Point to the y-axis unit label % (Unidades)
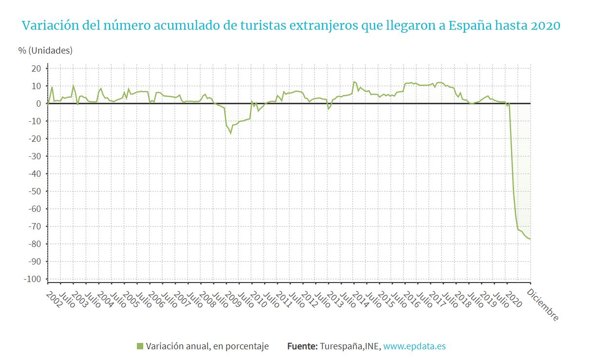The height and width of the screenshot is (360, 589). point(45,51)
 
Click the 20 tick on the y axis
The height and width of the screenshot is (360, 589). point(36,69)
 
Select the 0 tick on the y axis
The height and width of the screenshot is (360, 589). point(38,104)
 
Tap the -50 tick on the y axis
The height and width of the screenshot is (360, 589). point(35,191)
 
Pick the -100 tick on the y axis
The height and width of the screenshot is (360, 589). point(33,279)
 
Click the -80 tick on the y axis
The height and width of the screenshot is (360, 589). point(35,244)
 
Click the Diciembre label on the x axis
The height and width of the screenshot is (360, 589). point(543,304)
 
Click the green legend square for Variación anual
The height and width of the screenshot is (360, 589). point(140,346)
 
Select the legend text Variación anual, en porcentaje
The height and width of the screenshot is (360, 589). point(207,346)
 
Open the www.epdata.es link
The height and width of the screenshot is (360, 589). point(414,346)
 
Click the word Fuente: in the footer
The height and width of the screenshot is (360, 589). point(302,346)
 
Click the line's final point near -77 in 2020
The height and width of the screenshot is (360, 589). point(530,239)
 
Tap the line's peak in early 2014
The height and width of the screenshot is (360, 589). point(354,82)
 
